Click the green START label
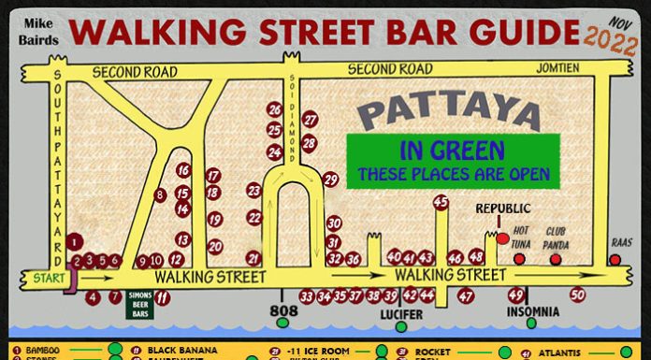tap(40, 278)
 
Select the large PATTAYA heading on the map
tap(450, 111)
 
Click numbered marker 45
tap(441, 202)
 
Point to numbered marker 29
tap(330, 180)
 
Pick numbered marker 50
tap(577, 295)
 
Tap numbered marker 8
tap(160, 194)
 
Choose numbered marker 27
tap(311, 120)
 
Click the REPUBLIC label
tap(502, 208)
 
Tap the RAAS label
tap(622, 241)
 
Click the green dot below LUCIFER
tap(401, 326)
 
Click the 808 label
tap(283, 310)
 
